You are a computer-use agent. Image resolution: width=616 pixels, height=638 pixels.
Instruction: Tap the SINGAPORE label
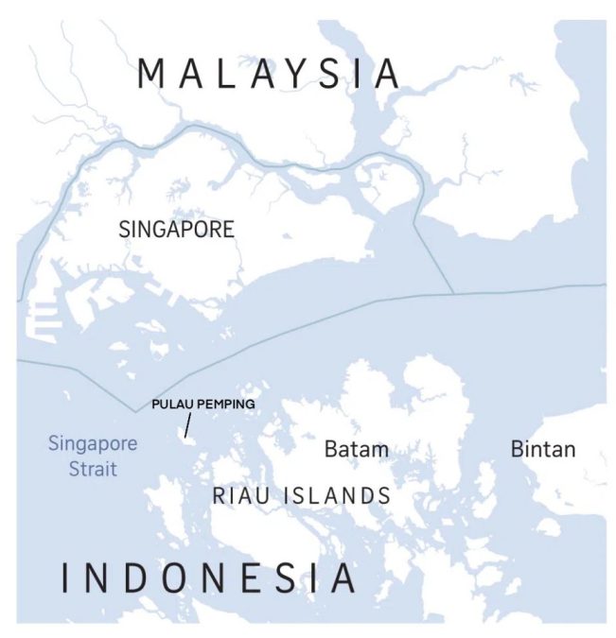coord(176,229)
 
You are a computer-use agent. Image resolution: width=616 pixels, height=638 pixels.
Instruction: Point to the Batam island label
coord(356,449)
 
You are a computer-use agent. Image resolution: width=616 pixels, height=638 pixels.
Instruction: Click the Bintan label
coord(542,449)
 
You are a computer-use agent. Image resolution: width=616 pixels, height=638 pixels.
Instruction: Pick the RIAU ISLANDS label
coord(301,494)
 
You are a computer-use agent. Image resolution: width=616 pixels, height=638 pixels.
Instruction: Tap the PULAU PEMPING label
coord(203,404)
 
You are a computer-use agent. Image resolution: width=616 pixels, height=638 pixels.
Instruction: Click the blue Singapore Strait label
coord(92,455)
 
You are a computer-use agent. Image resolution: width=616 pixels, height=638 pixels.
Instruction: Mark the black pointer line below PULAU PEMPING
coord(188,424)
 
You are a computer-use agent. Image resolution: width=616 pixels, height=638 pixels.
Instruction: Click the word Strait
coord(92,467)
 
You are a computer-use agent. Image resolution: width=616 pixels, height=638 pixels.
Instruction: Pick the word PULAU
coord(171,404)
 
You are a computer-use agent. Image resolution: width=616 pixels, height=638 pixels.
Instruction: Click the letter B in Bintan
coord(518,449)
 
